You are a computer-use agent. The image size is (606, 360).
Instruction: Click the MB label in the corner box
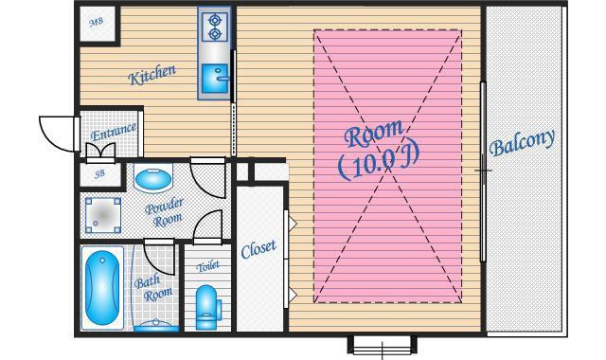pyautogui.click(x=97, y=23)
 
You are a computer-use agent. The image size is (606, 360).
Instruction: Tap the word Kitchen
pyautogui.click(x=151, y=75)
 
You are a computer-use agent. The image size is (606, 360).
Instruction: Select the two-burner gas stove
pyautogui.click(x=215, y=27)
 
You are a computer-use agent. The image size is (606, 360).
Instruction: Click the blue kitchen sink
pyautogui.click(x=215, y=79)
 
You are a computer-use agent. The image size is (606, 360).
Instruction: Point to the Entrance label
pyautogui.click(x=114, y=132)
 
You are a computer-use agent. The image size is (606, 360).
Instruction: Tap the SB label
pyautogui.click(x=99, y=174)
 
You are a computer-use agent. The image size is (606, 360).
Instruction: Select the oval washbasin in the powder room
pyautogui.click(x=153, y=179)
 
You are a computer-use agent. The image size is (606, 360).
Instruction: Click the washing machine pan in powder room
pyautogui.click(x=103, y=215)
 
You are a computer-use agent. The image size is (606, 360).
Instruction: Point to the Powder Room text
pyautogui.click(x=165, y=212)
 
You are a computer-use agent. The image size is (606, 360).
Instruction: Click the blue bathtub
pyautogui.click(x=102, y=288)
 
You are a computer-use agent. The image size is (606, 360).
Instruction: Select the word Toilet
pyautogui.click(x=208, y=266)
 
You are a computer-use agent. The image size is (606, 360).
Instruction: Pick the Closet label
pyautogui.click(x=258, y=249)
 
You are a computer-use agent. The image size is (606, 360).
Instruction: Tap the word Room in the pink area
pyautogui.click(x=373, y=134)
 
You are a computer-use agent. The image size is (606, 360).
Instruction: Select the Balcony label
pyautogui.click(x=522, y=143)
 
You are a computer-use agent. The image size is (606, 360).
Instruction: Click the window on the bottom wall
pyautogui.click(x=383, y=344)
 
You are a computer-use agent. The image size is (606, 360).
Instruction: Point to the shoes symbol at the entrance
pyautogui.click(x=100, y=150)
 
